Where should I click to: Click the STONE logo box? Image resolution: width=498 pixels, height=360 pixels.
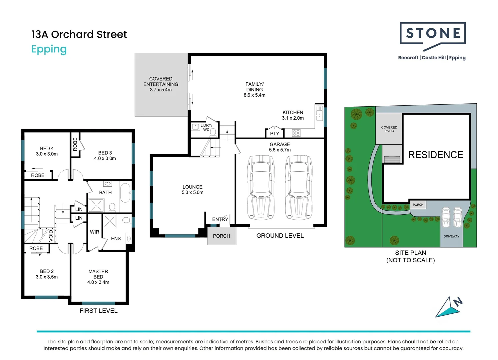432,33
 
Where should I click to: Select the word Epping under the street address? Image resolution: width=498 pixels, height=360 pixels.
49,49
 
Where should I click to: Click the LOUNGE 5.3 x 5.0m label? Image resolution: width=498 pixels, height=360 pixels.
193,190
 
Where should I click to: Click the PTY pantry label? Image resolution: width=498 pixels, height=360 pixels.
274,134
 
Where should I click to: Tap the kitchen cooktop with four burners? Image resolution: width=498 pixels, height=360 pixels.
296,133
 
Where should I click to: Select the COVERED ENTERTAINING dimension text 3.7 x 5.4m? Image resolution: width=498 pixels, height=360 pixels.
161,90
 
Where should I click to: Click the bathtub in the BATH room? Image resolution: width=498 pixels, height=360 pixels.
125,192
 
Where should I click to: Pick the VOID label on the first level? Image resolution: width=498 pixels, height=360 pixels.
51,235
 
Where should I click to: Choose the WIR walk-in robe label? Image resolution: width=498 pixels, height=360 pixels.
95,232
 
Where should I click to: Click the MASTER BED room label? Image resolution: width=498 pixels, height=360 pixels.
98,277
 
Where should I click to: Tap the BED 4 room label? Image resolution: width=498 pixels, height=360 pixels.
47,151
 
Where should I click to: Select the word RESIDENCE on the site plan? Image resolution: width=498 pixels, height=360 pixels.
435,155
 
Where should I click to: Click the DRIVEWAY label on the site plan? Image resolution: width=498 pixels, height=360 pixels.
451,236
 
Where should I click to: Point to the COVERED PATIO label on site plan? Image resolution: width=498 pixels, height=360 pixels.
389,129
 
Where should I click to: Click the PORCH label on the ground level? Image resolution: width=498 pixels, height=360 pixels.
222,236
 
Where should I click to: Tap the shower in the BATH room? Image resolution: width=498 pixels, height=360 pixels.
96,205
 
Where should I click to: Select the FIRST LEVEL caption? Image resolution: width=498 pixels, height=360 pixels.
99,311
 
